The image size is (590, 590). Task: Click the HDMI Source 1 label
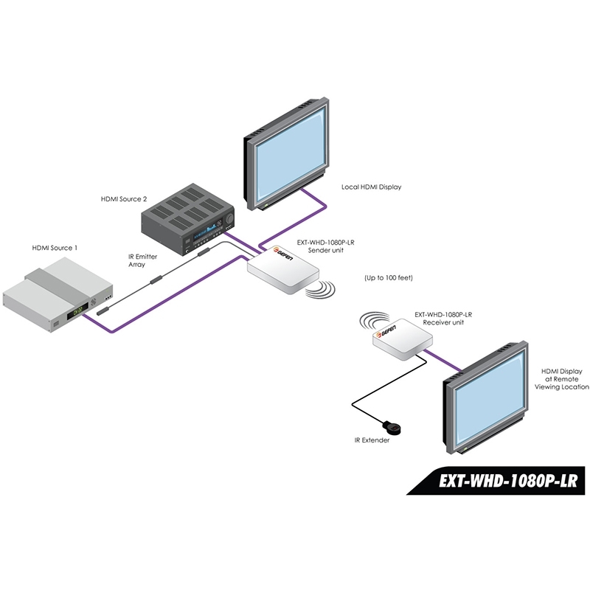[52, 248]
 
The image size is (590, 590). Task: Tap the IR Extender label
[372, 440]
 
